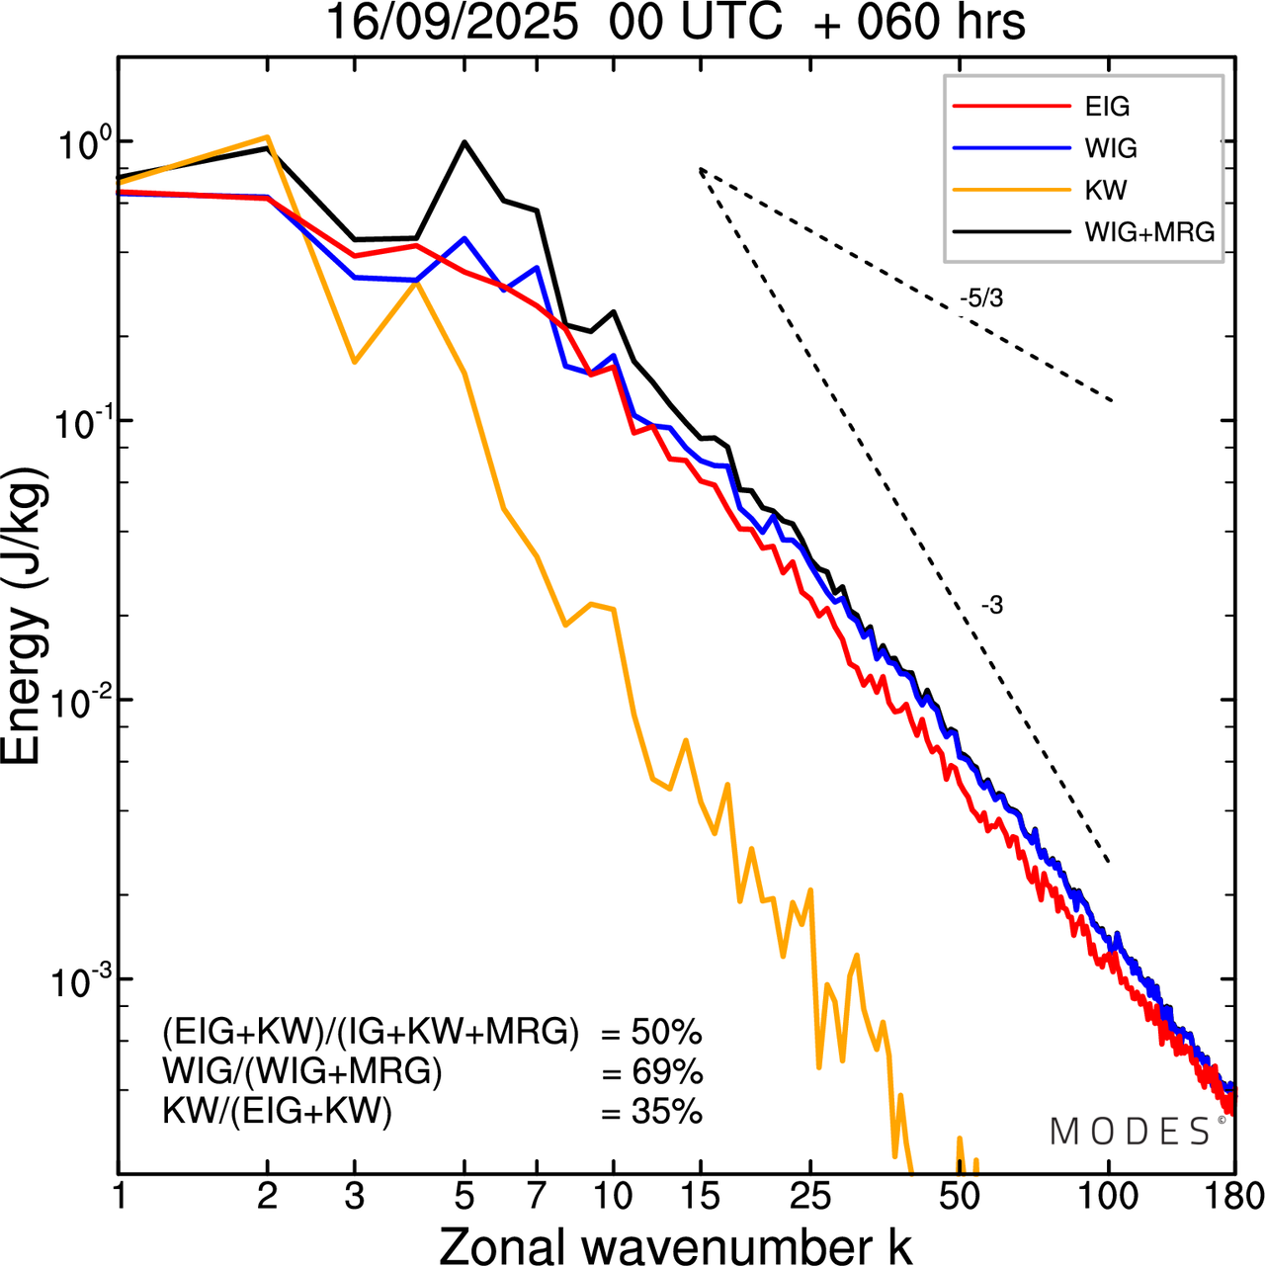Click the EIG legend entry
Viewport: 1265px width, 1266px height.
click(1107, 107)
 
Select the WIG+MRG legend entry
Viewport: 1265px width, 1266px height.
click(1149, 232)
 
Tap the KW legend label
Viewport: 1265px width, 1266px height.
click(1106, 190)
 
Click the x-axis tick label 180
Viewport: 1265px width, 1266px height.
click(1232, 1196)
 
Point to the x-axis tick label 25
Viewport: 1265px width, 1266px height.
click(810, 1196)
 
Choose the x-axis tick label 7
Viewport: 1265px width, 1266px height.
click(537, 1196)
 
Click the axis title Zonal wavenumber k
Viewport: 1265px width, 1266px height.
click(676, 1244)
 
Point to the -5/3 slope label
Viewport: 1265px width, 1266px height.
click(981, 297)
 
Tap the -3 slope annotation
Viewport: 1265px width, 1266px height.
click(992, 606)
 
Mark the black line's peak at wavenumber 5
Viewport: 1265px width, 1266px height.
click(464, 142)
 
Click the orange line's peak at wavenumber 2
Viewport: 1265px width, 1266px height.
click(267, 137)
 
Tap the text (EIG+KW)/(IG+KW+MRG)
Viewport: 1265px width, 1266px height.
click(371, 1032)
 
